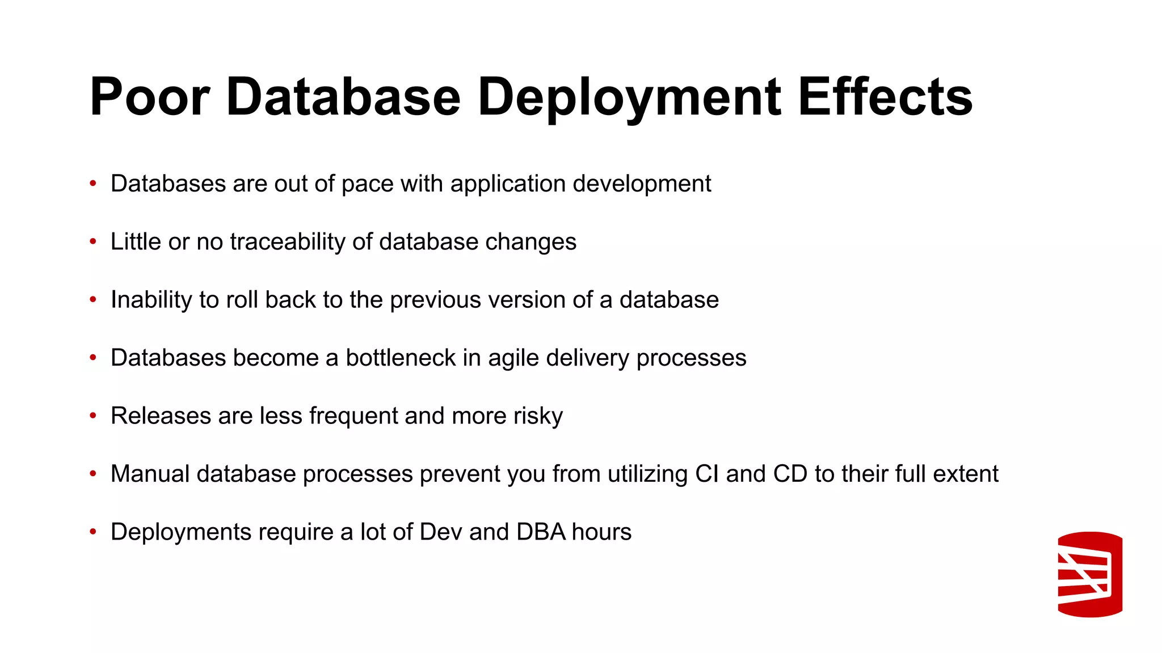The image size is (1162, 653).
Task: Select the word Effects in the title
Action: point(885,97)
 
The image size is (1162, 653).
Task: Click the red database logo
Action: point(1090,574)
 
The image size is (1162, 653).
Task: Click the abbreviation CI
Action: point(707,474)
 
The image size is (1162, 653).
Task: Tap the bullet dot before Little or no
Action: point(93,241)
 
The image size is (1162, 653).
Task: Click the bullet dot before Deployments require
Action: point(93,532)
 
